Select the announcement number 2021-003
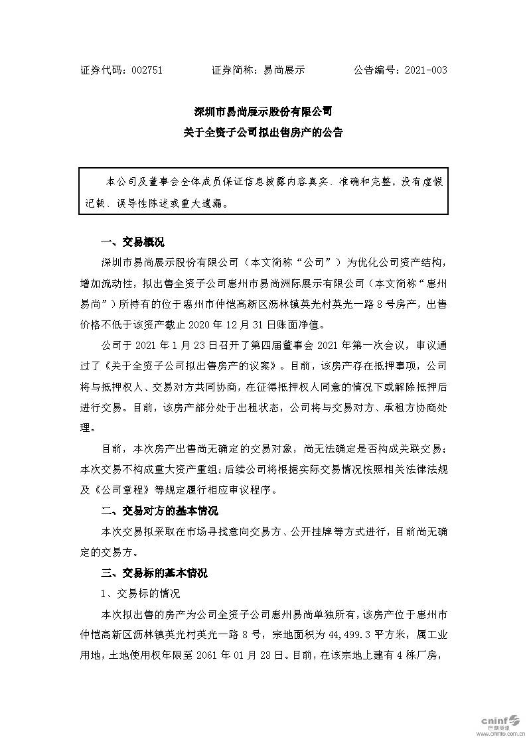pyautogui.click(x=423, y=70)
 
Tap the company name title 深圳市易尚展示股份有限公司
pyautogui.click(x=263, y=111)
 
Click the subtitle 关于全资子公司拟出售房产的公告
pyautogui.click(x=263, y=133)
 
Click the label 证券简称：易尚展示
pyautogui.click(x=258, y=70)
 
